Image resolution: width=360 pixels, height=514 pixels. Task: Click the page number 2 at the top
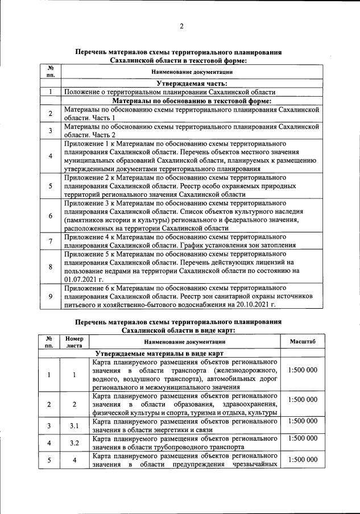pos(181,26)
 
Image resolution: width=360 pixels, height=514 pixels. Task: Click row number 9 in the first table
pos(50,296)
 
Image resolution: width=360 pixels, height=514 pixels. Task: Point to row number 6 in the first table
pos(50,215)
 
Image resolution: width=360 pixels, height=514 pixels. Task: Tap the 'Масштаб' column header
pos(303,341)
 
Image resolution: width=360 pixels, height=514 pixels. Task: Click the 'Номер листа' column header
pos(74,341)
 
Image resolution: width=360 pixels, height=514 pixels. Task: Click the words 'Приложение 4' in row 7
pos(87,237)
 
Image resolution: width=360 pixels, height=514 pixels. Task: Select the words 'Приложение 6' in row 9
pos(87,288)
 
